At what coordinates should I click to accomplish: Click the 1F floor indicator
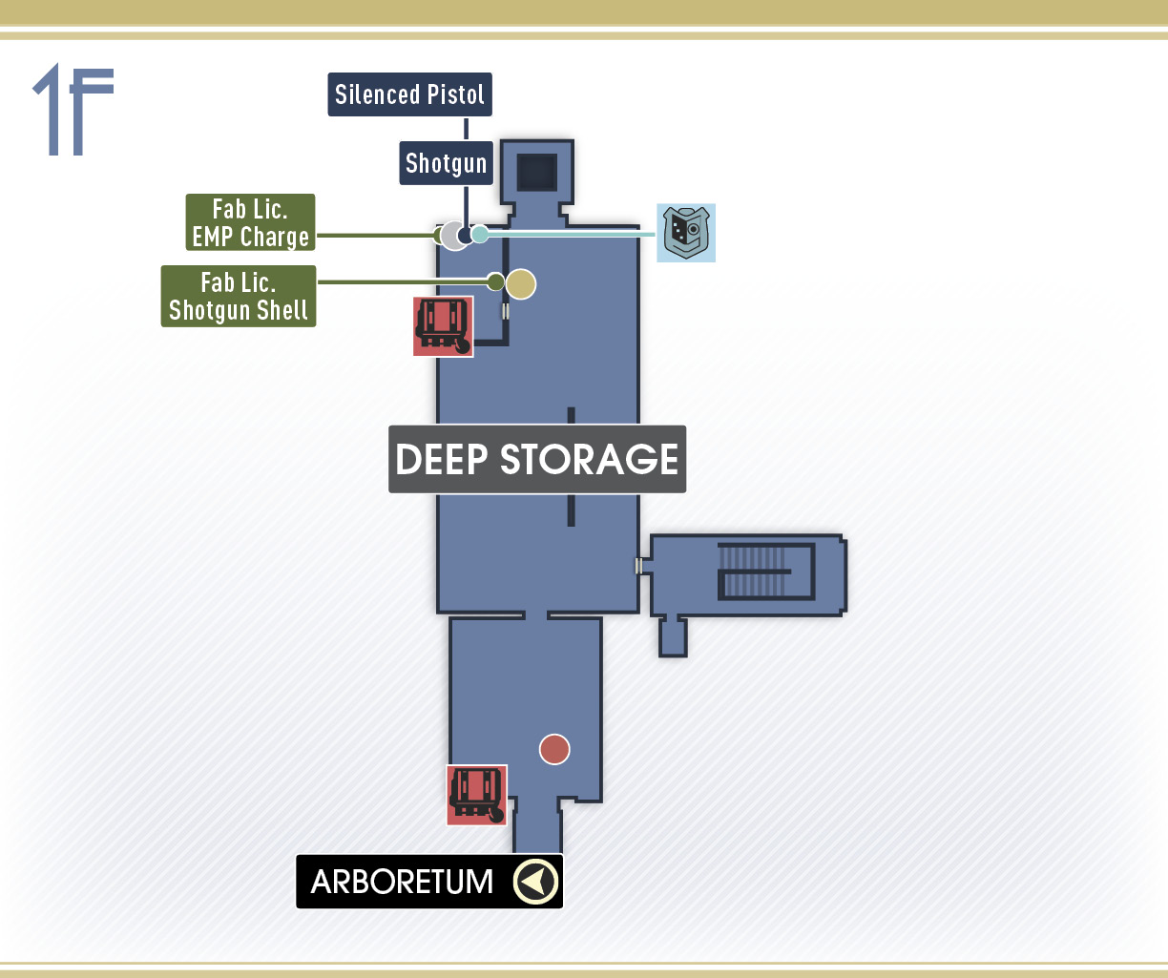coord(73,110)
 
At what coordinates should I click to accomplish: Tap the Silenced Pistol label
coord(409,94)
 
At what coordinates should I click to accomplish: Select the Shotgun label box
coord(446,163)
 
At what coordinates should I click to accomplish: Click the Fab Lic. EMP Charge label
coord(250,222)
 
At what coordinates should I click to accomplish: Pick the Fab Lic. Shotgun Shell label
coord(239,296)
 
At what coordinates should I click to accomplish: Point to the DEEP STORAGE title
coord(537,459)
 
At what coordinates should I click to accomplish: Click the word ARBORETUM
coord(402,882)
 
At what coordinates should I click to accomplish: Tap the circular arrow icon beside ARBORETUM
coord(535,882)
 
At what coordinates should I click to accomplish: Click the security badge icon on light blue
coord(686,233)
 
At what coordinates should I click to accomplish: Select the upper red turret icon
coord(443,326)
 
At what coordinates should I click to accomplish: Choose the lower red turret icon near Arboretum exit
coord(476,795)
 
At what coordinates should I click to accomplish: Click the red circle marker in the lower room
coord(554,749)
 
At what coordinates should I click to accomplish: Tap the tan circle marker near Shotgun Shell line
coord(521,284)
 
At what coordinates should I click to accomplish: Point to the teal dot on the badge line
coord(480,234)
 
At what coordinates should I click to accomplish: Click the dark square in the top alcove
coord(537,173)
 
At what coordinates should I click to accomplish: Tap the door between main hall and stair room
coord(638,566)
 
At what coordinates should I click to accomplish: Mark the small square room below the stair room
coord(673,636)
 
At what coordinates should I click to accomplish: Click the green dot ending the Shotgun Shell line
coord(495,282)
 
